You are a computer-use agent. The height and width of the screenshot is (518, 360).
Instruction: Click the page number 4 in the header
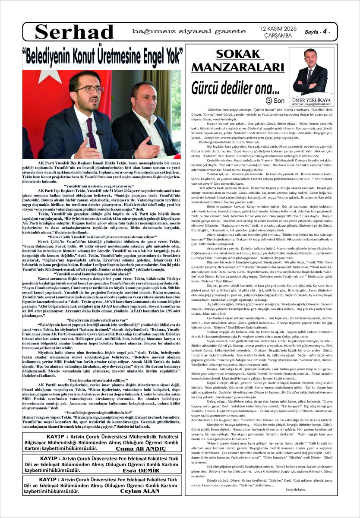pos(324,32)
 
